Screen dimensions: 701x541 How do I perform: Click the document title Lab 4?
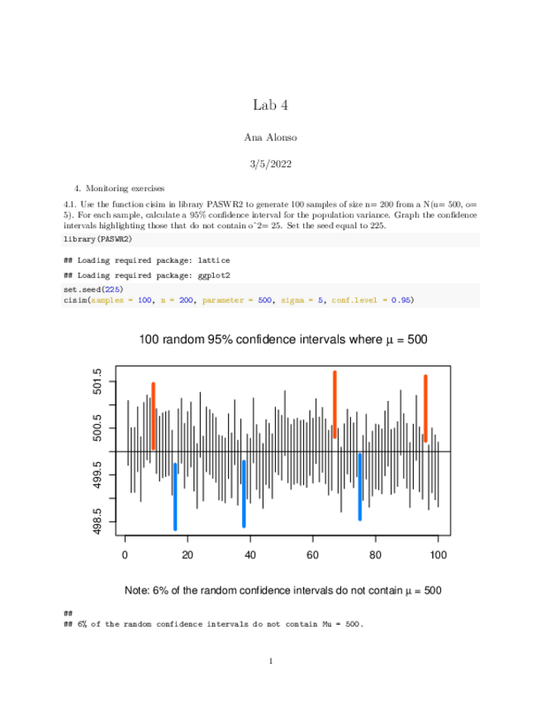pyautogui.click(x=270, y=105)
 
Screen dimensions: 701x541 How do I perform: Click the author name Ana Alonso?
pyautogui.click(x=270, y=136)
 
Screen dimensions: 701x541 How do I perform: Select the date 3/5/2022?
pyautogui.click(x=270, y=165)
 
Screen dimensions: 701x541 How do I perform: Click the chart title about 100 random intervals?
pyautogui.click(x=282, y=340)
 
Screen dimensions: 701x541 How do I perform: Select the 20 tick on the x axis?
pyautogui.click(x=187, y=554)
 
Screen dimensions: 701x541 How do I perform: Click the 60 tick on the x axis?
pyautogui.click(x=313, y=554)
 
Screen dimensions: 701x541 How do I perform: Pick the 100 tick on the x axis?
pyautogui.click(x=438, y=554)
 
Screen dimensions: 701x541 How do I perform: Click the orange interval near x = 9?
pyautogui.click(x=154, y=416)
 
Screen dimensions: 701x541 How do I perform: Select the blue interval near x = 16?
pyautogui.click(x=175, y=496)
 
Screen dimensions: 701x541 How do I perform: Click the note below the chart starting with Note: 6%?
pyautogui.click(x=282, y=590)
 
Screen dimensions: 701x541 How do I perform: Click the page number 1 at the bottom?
pyautogui.click(x=270, y=661)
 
